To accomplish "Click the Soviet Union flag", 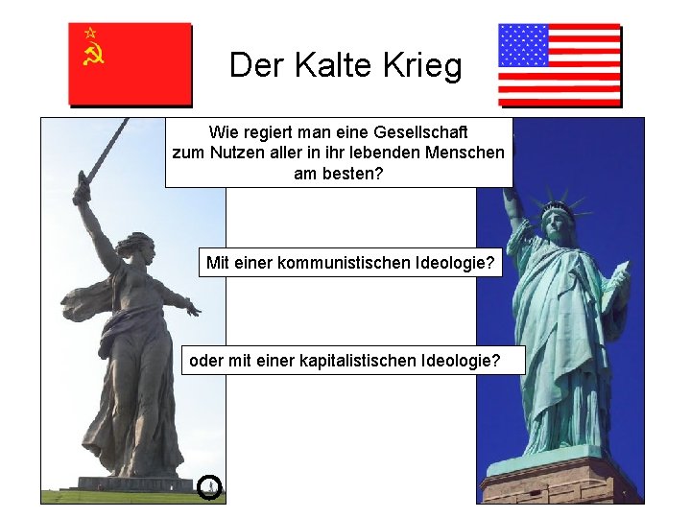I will [130, 63].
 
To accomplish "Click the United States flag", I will [560, 64].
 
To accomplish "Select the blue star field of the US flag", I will [524, 45].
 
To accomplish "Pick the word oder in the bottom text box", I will [206, 361].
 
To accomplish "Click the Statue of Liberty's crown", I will [557, 207].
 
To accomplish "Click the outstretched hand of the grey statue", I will [194, 309].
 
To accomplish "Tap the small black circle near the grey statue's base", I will [210, 487].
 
